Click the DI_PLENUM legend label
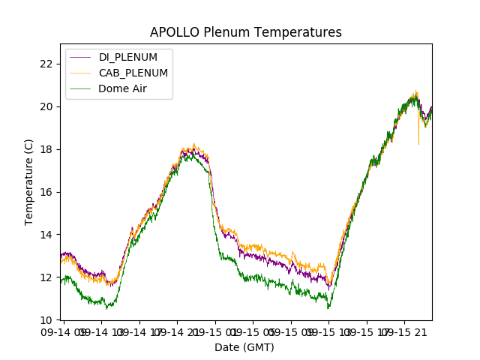point(127,57)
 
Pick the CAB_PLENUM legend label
point(133,73)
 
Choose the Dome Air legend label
point(122,88)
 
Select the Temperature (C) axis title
point(29,181)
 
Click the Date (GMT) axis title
point(244,347)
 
